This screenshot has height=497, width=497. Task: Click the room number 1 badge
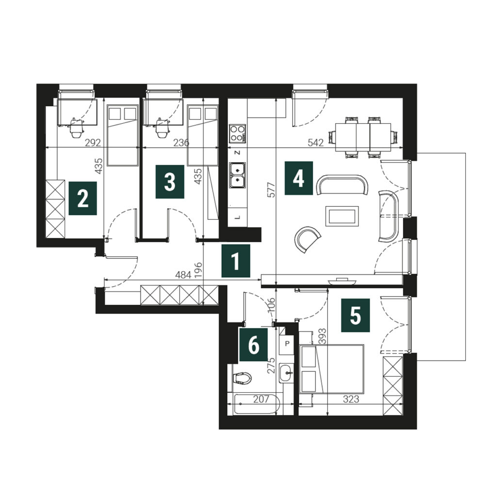coord(236,261)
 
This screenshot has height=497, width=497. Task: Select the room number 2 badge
coord(83,199)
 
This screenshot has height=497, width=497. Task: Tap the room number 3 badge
coord(170,182)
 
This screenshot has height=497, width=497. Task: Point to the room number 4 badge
coord(299,178)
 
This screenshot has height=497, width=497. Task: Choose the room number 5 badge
coord(355,315)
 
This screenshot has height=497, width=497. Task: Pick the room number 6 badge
coord(253,345)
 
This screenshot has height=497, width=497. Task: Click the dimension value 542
coord(315,143)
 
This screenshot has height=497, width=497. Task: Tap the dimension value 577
coord(272,190)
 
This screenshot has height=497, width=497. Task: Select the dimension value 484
coord(183,275)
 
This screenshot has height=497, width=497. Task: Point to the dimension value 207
coord(261,399)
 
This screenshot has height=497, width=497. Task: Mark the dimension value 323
coord(351,399)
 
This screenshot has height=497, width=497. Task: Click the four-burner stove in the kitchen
coord(237,133)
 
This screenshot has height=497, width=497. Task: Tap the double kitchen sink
coord(237,175)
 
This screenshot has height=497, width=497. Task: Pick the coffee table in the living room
coord(342,216)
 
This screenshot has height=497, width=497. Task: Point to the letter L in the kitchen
coord(238,217)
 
